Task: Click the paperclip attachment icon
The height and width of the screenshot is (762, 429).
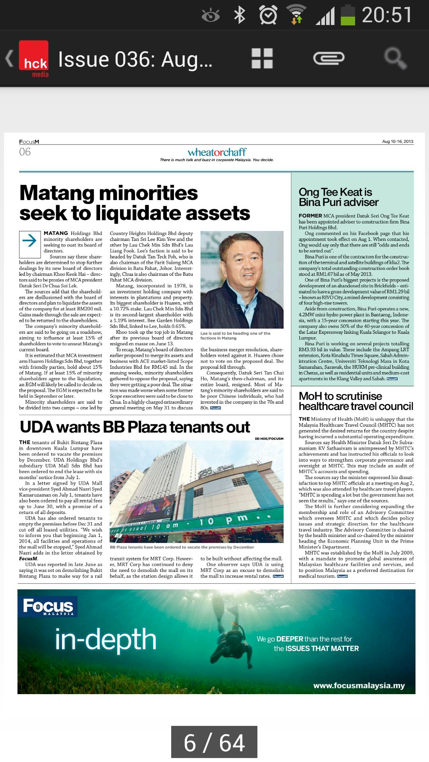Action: coord(328,58)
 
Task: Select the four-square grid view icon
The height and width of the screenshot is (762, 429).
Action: coord(262,58)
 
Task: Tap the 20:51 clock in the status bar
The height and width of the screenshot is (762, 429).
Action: coord(386,15)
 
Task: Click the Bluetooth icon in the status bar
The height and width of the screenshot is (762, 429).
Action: coord(240,15)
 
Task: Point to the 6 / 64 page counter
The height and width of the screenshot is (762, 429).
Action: coord(214,743)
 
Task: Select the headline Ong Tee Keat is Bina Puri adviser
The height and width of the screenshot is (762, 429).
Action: coord(338,197)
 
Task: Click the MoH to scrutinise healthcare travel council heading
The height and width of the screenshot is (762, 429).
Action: coord(356,401)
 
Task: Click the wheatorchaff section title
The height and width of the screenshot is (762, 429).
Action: coord(217,152)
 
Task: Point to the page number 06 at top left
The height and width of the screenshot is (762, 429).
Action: coord(25,152)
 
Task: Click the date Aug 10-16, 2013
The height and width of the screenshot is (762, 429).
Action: coord(398,142)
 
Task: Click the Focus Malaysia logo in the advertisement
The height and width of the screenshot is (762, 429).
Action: coord(48,606)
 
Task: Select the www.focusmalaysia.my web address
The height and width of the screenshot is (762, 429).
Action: coord(359,685)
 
